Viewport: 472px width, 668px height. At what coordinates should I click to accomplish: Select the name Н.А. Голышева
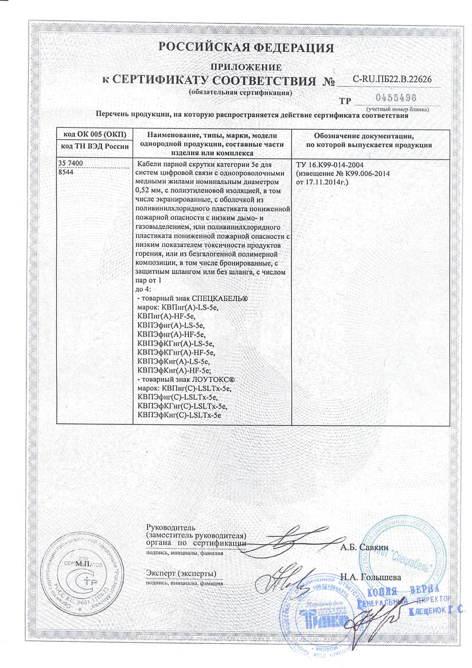pos(370,576)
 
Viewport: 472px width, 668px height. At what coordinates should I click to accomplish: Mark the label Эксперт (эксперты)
pos(181,573)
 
